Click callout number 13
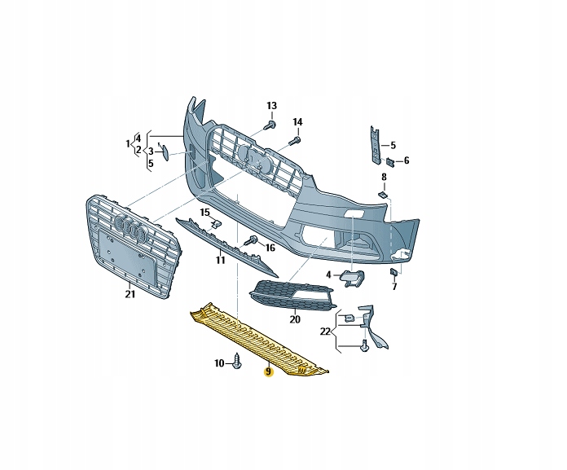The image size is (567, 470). coord(272,106)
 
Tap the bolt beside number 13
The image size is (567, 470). coord(270,125)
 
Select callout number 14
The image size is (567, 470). coord(297,122)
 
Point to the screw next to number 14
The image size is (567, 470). coord(294,141)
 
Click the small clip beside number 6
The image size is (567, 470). coord(390,161)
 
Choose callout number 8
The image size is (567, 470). coord(384,177)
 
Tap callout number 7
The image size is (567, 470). coord(393,287)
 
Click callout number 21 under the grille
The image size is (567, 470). coord(130,294)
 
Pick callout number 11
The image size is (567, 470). coord(220,261)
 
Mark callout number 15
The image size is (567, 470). coord(205,213)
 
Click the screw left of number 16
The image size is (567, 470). coord(253,240)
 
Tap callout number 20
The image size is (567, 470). coord(295,319)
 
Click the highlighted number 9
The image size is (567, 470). coord(267,372)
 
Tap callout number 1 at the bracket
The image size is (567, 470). coord(128,144)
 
